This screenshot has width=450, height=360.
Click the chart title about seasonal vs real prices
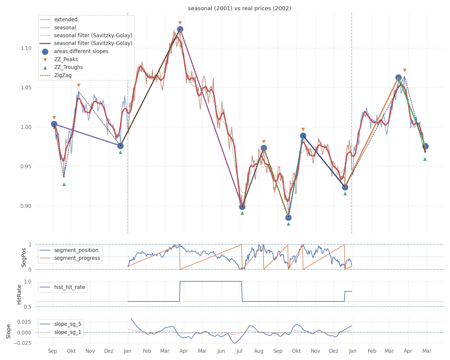(239, 8)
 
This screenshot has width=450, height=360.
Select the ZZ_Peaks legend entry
(66, 59)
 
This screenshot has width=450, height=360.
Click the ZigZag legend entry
(63, 75)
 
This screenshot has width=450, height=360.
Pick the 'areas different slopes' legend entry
(81, 51)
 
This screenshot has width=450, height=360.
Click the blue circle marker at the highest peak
(180, 29)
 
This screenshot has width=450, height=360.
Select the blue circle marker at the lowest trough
(288, 217)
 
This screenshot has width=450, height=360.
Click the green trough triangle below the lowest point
(288, 224)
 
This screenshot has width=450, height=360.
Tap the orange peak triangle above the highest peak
(180, 23)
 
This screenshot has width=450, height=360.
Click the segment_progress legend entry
(77, 258)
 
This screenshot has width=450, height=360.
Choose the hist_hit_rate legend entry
(69, 287)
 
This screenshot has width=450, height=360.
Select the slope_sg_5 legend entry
(67, 324)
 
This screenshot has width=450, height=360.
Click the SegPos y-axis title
(24, 257)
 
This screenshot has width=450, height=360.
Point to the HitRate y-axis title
(19, 294)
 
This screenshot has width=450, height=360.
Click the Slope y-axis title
(8, 331)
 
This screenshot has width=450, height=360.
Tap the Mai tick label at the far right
(427, 351)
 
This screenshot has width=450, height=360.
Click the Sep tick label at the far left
(52, 351)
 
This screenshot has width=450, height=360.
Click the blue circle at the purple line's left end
(54, 124)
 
